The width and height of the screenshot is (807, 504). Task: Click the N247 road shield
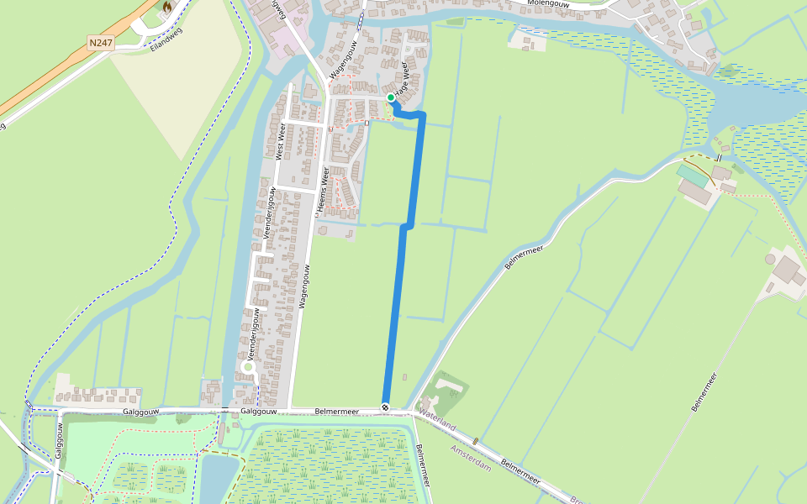pos(100,41)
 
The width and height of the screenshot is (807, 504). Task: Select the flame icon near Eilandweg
pos(167,8)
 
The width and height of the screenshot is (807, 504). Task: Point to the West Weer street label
pos(282,140)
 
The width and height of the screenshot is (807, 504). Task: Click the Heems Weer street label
pos(324,192)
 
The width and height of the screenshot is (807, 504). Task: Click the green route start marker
pos(391,98)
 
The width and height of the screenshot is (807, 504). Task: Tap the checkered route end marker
pos(385,407)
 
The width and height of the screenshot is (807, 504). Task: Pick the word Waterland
pos(438,421)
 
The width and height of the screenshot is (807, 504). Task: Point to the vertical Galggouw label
pos(60,440)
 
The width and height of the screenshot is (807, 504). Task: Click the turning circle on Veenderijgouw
pos(248,367)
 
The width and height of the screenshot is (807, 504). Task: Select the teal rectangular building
pos(693,175)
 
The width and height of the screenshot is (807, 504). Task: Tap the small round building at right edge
pos(770,259)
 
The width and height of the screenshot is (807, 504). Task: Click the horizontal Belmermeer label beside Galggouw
pos(336,412)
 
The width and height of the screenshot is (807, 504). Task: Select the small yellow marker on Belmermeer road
pos(476,441)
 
